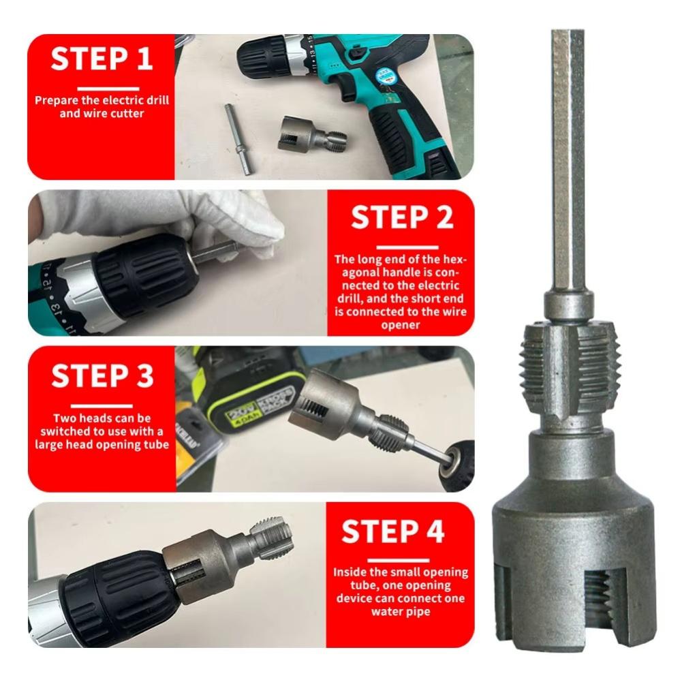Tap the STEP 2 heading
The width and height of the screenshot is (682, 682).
(x=402, y=217)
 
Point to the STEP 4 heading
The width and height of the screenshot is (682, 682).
(x=401, y=531)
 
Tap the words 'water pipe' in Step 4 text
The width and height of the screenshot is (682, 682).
(x=400, y=610)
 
